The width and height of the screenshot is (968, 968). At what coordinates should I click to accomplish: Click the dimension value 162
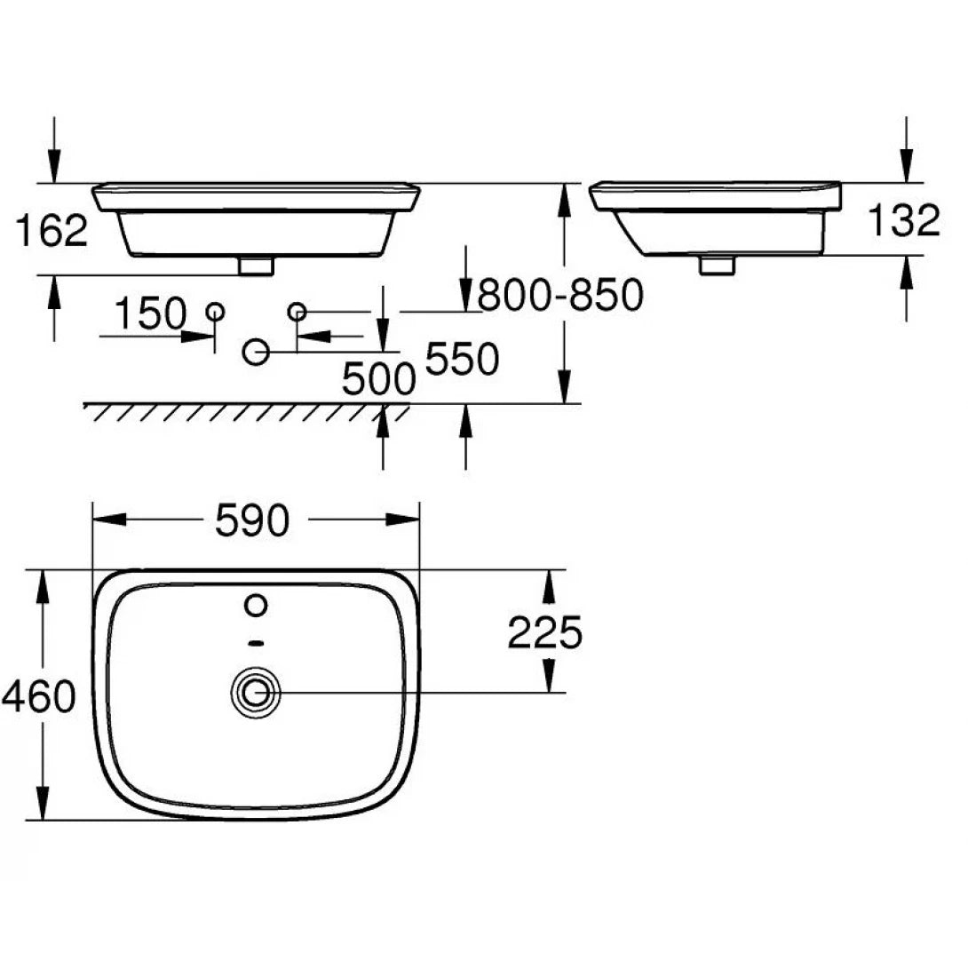pyautogui.click(x=52, y=231)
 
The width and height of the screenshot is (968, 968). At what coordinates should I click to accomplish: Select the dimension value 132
pyautogui.click(x=903, y=221)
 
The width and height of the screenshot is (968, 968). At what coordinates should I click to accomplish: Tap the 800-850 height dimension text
pyautogui.click(x=559, y=295)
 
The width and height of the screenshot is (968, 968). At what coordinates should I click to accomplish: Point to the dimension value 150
pyautogui.click(x=151, y=313)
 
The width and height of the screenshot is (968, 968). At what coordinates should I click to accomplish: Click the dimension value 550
pyautogui.click(x=462, y=359)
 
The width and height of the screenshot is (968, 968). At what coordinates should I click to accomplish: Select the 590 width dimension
pyautogui.click(x=252, y=521)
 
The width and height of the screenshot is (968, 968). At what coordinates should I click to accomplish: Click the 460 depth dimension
pyautogui.click(x=38, y=696)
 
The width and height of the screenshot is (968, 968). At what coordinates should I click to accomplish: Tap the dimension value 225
pyautogui.click(x=544, y=632)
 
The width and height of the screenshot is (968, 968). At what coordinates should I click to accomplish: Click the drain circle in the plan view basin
pyautogui.click(x=257, y=692)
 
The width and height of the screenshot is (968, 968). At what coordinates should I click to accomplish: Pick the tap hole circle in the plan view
pyautogui.click(x=256, y=606)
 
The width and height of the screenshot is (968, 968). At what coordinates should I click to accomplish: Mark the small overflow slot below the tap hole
pyautogui.click(x=256, y=641)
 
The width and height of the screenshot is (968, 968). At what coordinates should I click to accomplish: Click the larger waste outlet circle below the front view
pyautogui.click(x=256, y=353)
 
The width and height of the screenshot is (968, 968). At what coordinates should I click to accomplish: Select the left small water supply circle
pyautogui.click(x=215, y=311)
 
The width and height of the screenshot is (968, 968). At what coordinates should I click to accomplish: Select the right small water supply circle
pyautogui.click(x=297, y=311)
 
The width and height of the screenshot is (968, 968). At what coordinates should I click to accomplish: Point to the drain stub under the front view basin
pyautogui.click(x=257, y=265)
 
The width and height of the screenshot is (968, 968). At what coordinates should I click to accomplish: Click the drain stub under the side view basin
pyautogui.click(x=716, y=264)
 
